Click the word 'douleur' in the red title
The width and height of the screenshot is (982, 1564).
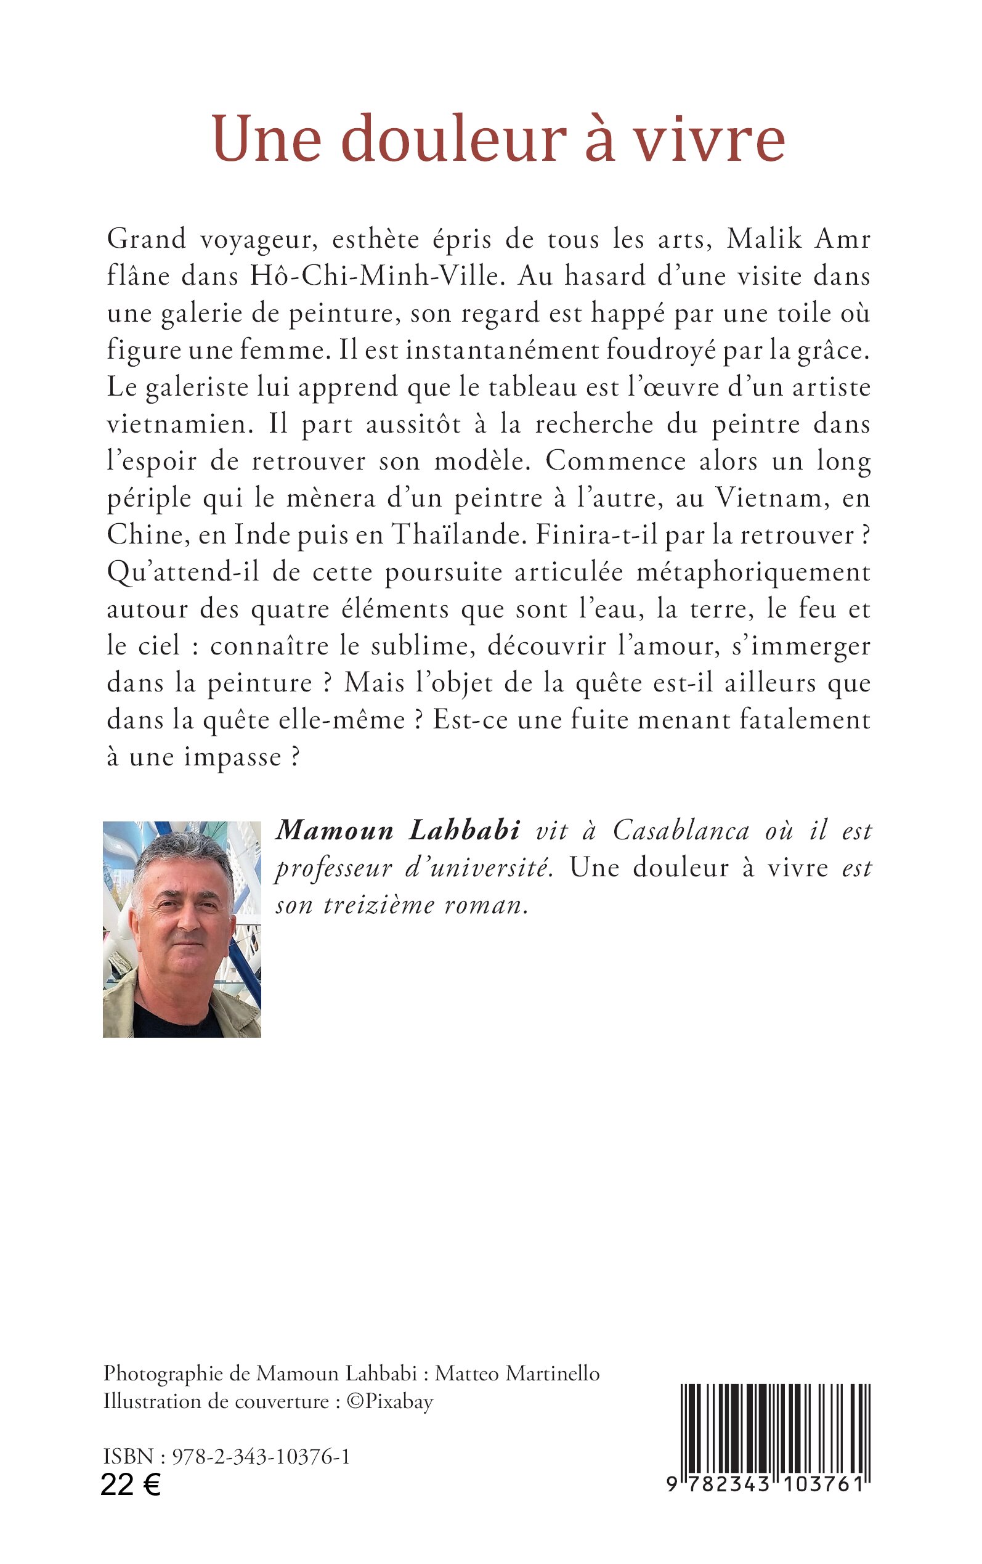[453, 140]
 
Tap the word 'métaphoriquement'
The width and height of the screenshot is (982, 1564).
[753, 572]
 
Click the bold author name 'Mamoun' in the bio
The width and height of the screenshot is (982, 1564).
[334, 831]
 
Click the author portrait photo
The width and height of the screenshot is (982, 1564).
[182, 929]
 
